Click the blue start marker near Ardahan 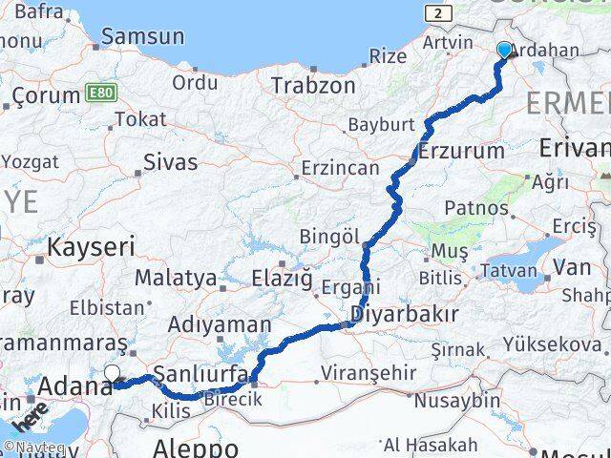click(504, 50)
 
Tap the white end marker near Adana click(112, 374)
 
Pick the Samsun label click(142, 37)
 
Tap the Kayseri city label click(93, 247)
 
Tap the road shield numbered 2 click(438, 12)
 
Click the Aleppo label click(195, 447)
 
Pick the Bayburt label click(382, 125)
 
